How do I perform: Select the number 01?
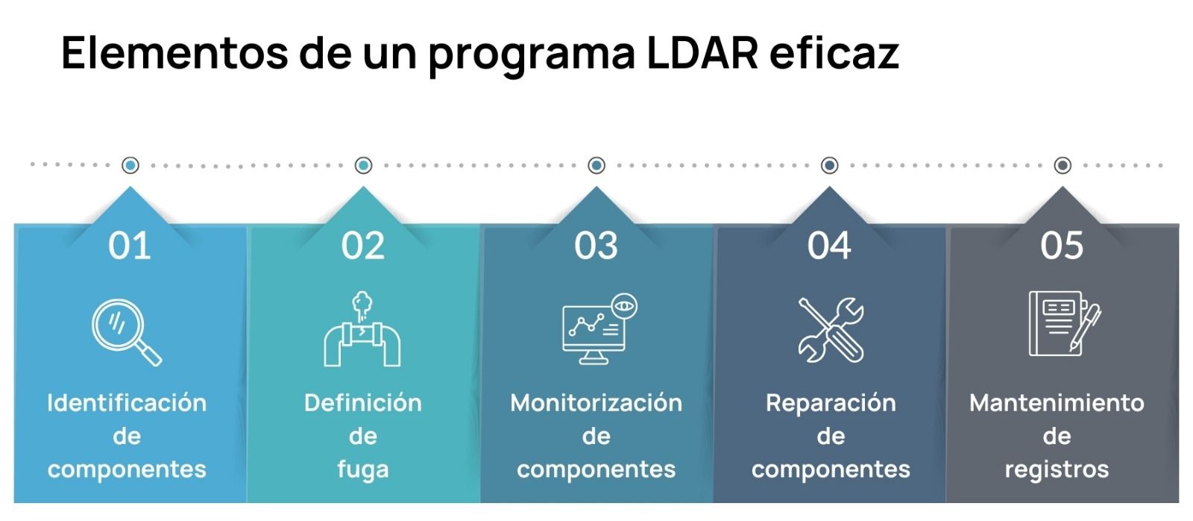click(x=130, y=246)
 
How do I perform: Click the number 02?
click(x=363, y=246)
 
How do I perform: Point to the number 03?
click(x=596, y=246)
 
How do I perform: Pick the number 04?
click(x=829, y=246)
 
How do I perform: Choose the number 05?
click(x=1062, y=246)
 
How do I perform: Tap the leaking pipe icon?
click(x=362, y=330)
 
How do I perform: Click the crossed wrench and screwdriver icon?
click(x=831, y=330)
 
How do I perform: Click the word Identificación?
click(x=127, y=403)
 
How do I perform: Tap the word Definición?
click(x=363, y=403)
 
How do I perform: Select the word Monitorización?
click(x=596, y=403)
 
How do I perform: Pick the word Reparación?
click(x=831, y=403)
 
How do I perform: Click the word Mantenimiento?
click(x=1057, y=403)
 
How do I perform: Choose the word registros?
click(x=1057, y=469)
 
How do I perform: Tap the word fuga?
click(x=363, y=469)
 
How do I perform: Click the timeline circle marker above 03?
click(x=596, y=165)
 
